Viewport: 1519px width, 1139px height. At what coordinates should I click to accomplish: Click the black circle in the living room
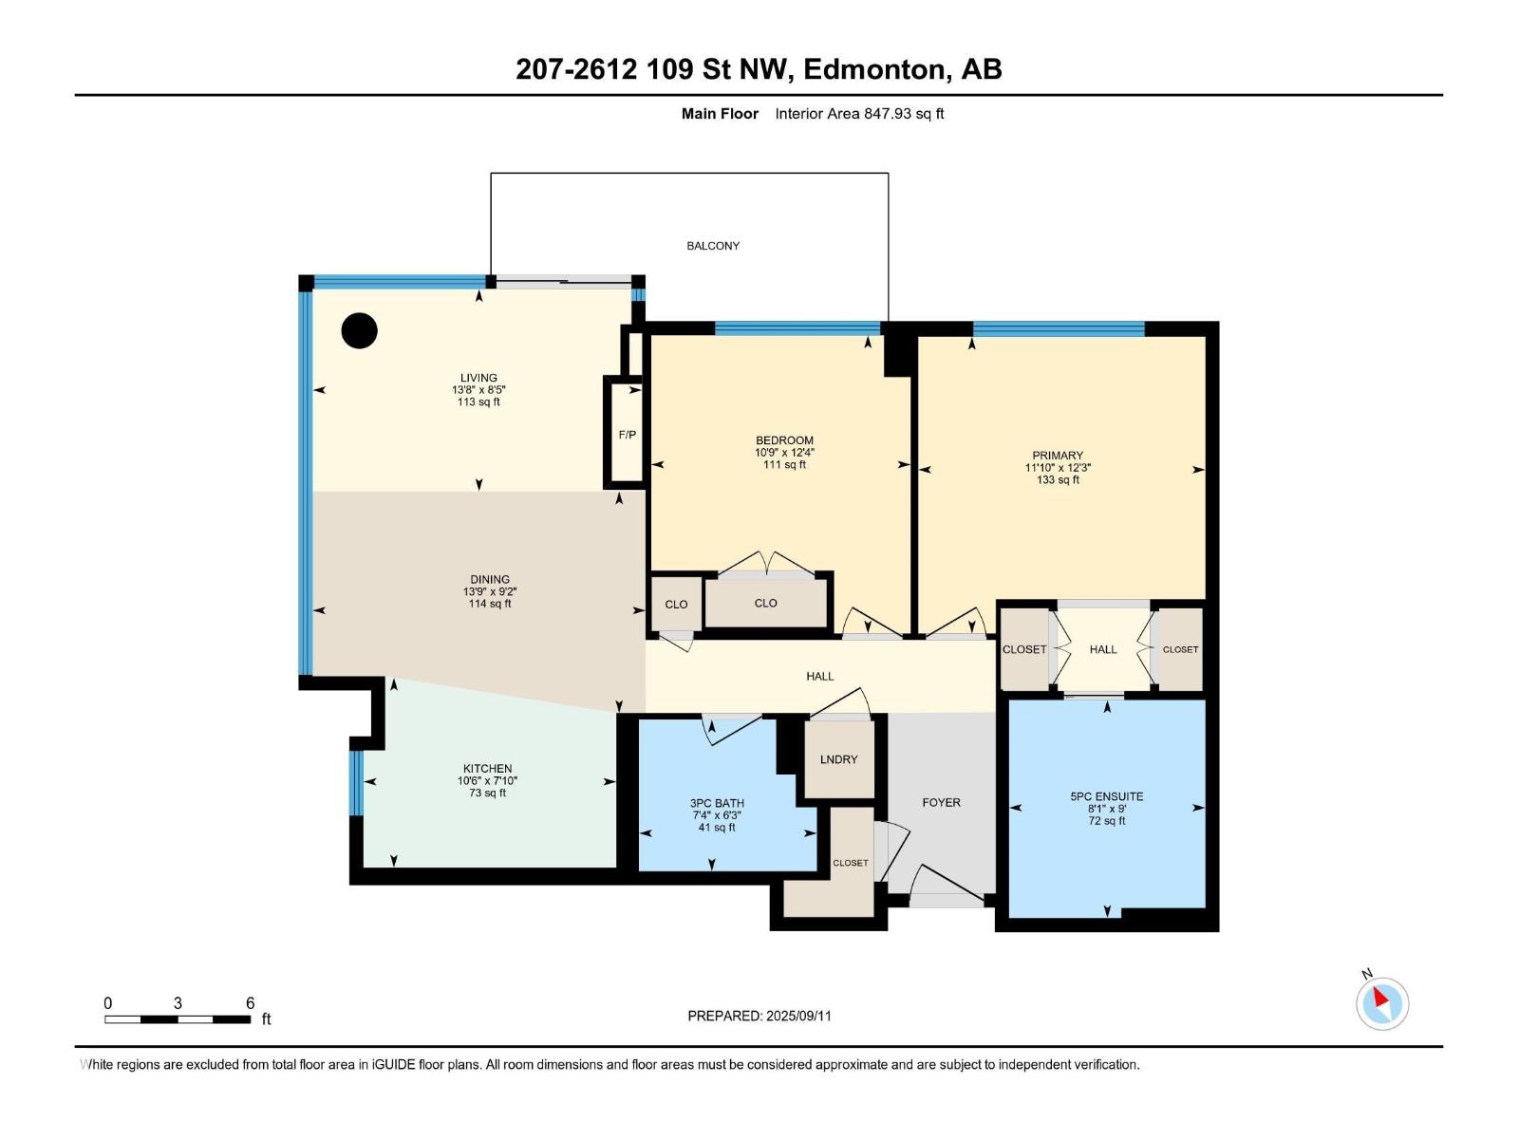pyautogui.click(x=360, y=330)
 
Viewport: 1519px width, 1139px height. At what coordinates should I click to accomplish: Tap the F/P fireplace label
pyautogui.click(x=627, y=435)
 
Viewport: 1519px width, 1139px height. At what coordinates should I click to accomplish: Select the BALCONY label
pyautogui.click(x=713, y=246)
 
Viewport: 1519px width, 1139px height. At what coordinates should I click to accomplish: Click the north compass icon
pyautogui.click(x=1381, y=1002)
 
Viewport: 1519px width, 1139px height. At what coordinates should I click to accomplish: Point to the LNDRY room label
pyautogui.click(x=838, y=759)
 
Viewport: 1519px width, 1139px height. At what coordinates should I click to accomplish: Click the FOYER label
pyautogui.click(x=941, y=803)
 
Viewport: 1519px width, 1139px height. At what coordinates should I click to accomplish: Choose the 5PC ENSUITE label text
pyautogui.click(x=1107, y=797)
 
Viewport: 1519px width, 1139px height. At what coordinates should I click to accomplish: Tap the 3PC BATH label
pyautogui.click(x=717, y=804)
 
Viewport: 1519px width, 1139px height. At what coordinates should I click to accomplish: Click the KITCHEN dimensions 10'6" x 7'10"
pyautogui.click(x=487, y=781)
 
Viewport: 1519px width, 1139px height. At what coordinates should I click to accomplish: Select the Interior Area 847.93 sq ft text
pyautogui.click(x=859, y=114)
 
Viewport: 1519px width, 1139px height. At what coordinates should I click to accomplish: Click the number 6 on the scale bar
pyautogui.click(x=251, y=1003)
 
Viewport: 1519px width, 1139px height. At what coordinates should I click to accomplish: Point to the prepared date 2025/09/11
pyautogui.click(x=797, y=1016)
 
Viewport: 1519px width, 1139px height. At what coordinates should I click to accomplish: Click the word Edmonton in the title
pyautogui.click(x=876, y=69)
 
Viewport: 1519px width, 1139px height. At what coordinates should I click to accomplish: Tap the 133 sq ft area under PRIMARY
pyautogui.click(x=1058, y=480)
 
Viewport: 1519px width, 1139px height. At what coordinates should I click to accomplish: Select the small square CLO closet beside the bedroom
pyautogui.click(x=676, y=605)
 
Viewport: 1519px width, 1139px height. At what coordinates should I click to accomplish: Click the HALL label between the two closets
pyautogui.click(x=1103, y=650)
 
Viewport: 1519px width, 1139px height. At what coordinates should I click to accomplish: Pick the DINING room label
pyautogui.click(x=490, y=580)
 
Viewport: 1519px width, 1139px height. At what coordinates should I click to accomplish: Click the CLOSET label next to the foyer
pyautogui.click(x=850, y=864)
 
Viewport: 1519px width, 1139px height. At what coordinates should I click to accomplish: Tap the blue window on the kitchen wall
pyautogui.click(x=356, y=783)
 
